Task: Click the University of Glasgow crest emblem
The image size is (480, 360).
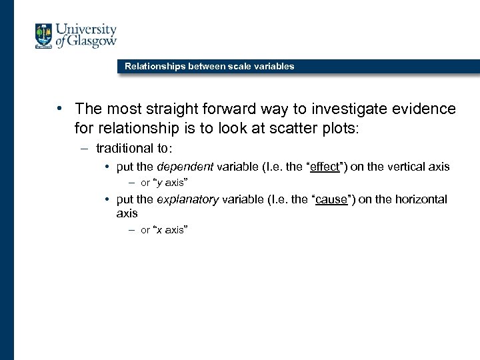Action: click(x=44, y=36)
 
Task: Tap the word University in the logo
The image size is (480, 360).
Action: click(x=86, y=30)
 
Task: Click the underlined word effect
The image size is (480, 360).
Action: click(x=325, y=167)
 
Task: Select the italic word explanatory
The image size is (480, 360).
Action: click(x=187, y=199)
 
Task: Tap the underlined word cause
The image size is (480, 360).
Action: click(x=331, y=199)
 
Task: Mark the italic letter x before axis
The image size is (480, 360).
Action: click(x=157, y=230)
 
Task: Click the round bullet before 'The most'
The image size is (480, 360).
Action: click(x=59, y=109)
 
